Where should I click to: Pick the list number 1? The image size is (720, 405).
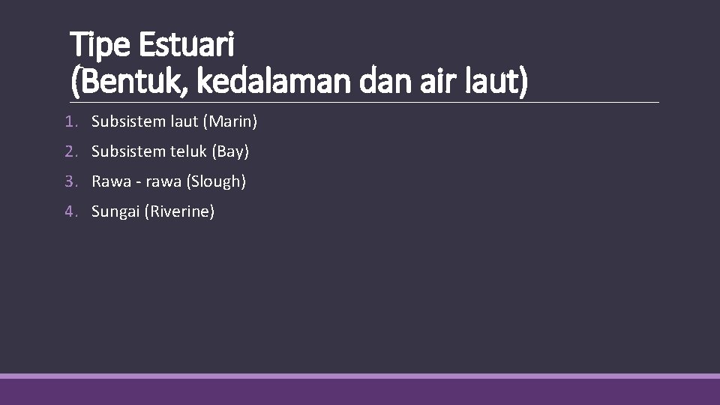(70, 121)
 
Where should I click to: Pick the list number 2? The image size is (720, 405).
(70, 151)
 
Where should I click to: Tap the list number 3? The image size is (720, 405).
(70, 181)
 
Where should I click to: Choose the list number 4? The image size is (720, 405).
(70, 212)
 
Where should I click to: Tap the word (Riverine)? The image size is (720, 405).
(182, 212)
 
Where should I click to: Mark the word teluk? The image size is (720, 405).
(187, 151)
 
